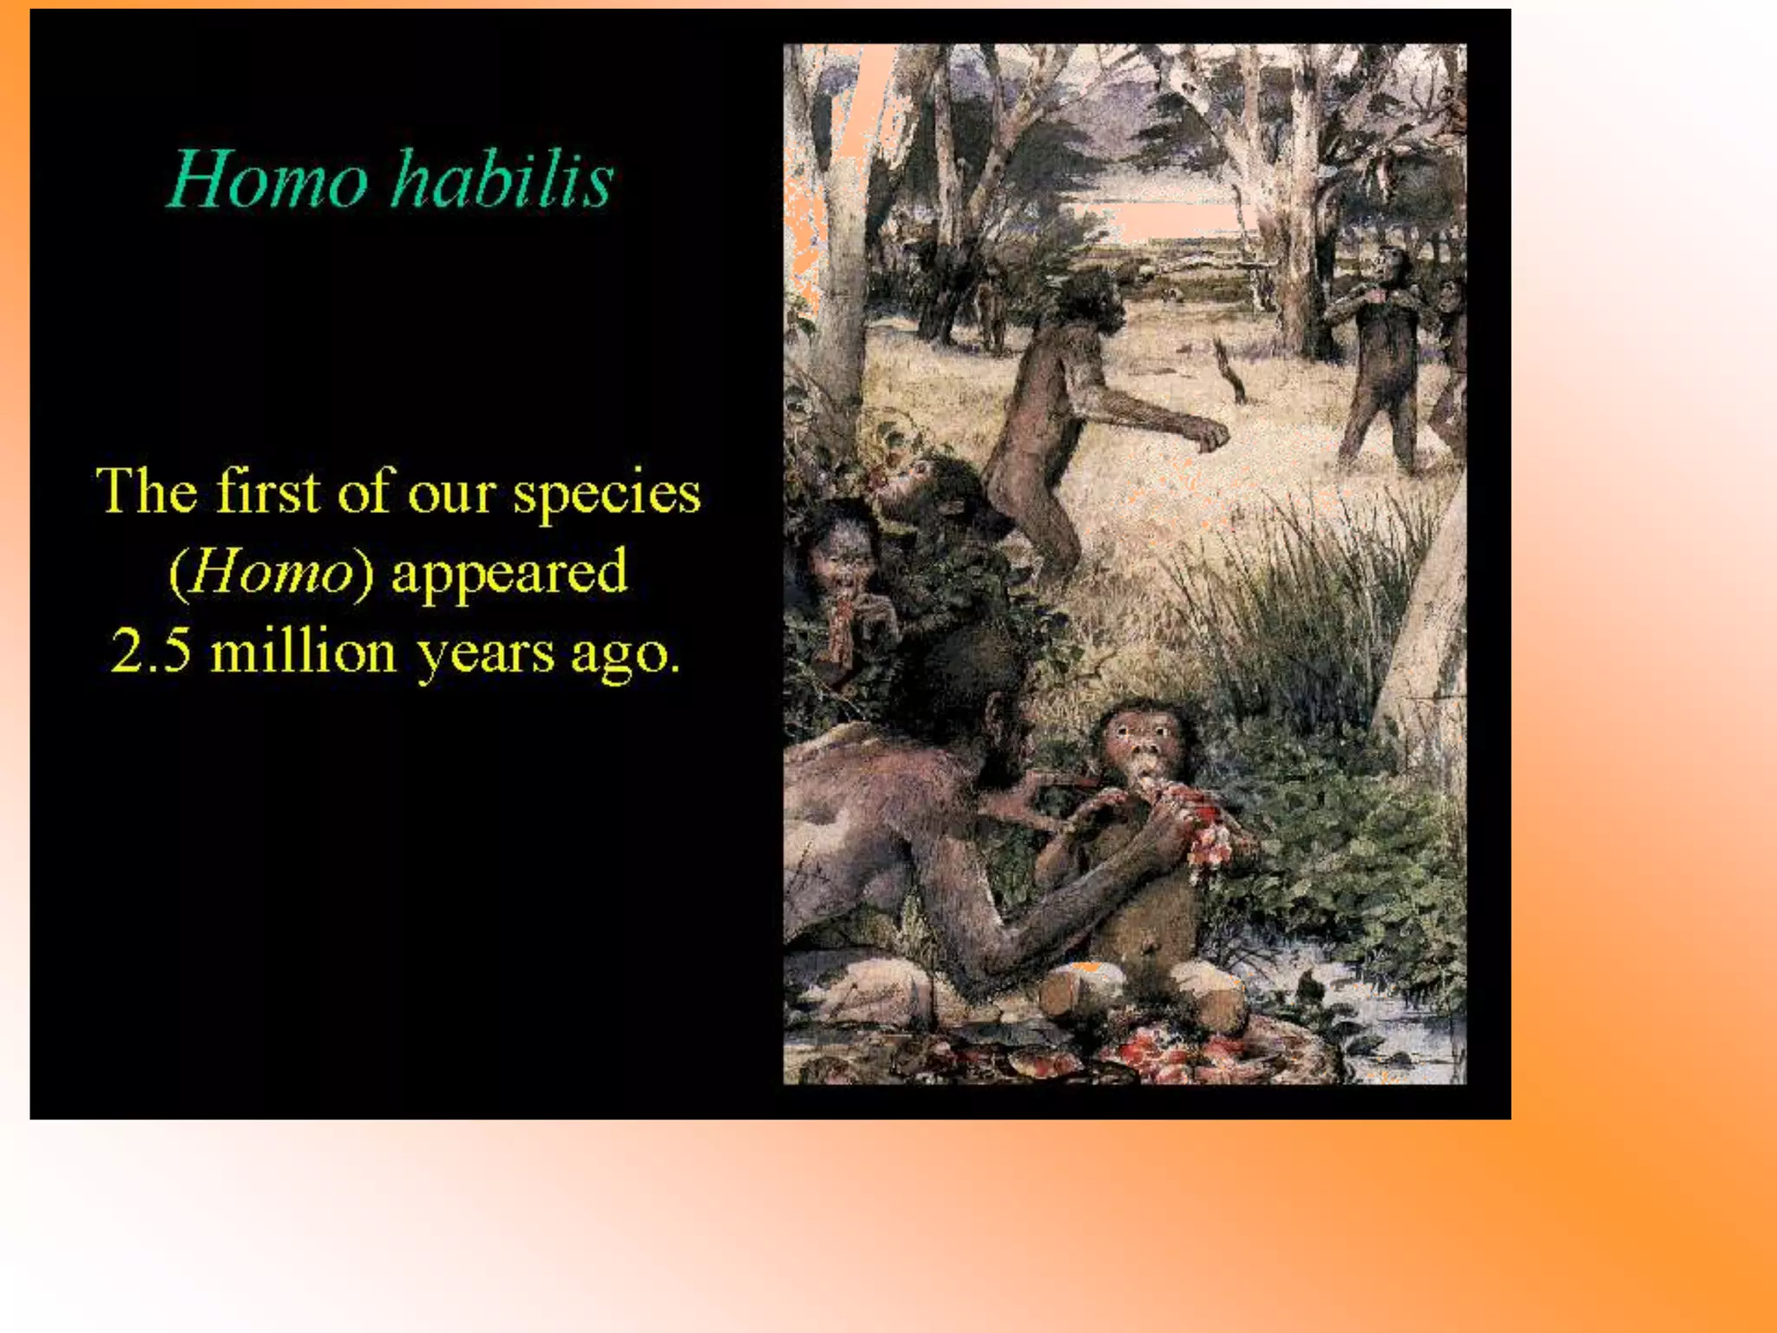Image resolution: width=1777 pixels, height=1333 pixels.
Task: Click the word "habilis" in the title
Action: (503, 180)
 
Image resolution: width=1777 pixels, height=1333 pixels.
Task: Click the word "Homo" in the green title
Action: (268, 180)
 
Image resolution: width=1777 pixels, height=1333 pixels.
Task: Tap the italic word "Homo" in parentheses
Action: (271, 573)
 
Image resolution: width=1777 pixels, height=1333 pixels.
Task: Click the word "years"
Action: (485, 653)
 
